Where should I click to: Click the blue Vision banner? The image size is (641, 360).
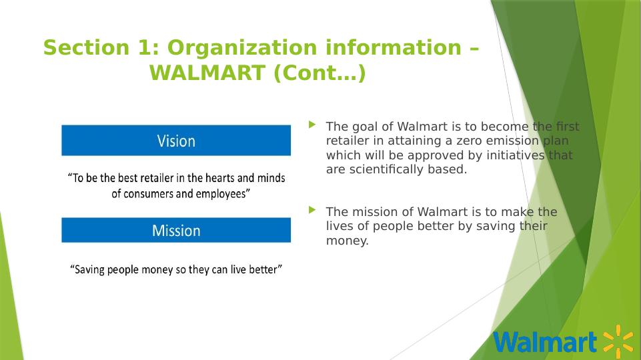click(x=176, y=140)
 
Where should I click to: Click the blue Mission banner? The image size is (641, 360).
click(x=176, y=230)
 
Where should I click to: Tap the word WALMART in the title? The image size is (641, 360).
click(x=207, y=73)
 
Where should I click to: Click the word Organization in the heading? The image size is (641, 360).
click(x=242, y=47)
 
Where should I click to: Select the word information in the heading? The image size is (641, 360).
click(x=394, y=47)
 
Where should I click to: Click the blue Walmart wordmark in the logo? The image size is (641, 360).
click(x=546, y=341)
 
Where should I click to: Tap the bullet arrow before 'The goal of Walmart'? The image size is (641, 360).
click(x=312, y=125)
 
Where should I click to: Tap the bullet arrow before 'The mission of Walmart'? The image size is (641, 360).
click(x=312, y=210)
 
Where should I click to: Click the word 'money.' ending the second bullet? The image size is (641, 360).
click(x=347, y=241)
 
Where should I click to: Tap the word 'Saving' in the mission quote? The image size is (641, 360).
click(x=89, y=270)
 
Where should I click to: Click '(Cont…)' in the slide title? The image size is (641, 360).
click(x=319, y=73)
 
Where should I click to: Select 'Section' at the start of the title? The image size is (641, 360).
click(x=86, y=47)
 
